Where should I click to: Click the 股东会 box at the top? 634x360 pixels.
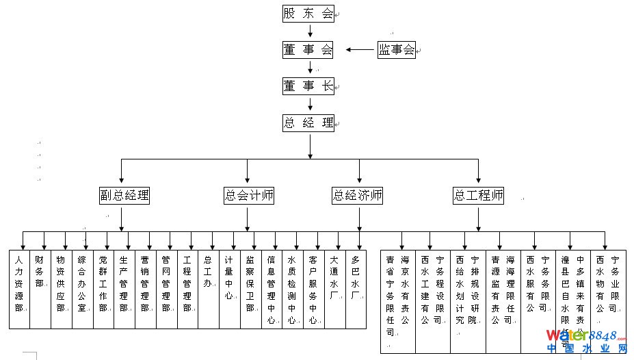308,14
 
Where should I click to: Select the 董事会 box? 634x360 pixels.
308,49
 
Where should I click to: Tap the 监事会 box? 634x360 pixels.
397,49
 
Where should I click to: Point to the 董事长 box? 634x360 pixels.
308,86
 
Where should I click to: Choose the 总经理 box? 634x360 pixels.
308,123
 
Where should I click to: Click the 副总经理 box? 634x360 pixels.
124,196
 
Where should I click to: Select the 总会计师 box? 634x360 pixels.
249,196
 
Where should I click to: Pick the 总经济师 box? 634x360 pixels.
357,196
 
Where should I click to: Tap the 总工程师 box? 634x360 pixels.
479,196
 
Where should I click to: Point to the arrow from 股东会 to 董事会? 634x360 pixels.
310,31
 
